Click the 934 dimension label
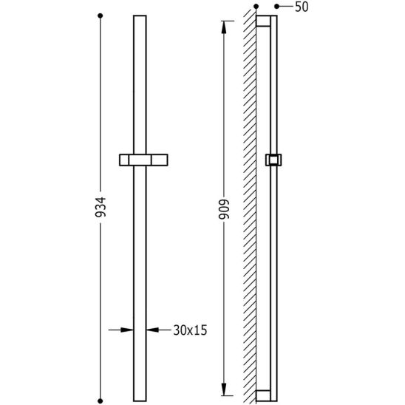pos(101,207)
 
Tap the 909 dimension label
pos(224,209)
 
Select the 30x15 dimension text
pos(190,330)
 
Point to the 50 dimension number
pos(302,7)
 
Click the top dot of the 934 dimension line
pos(101,16)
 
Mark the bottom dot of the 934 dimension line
pos(101,401)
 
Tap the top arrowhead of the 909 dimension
pos(224,27)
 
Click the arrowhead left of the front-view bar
pos(127,330)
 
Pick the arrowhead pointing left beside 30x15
pos(153,330)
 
